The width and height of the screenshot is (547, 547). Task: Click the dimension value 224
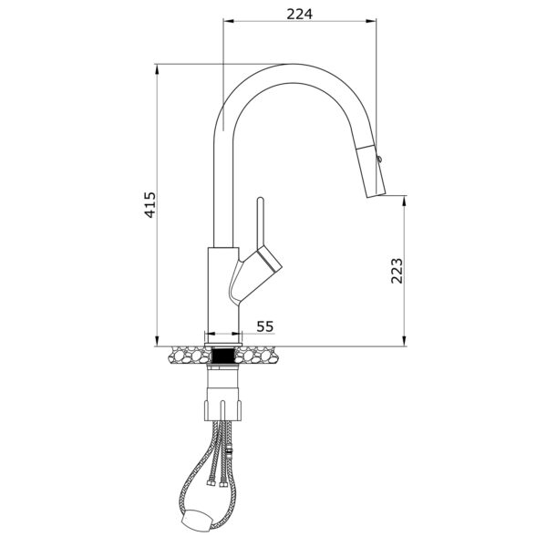(299, 14)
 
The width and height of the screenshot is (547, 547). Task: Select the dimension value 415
(150, 205)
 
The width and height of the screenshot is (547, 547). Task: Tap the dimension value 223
(397, 271)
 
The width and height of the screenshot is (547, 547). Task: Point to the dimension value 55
(265, 326)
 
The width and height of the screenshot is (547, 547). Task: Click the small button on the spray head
(379, 159)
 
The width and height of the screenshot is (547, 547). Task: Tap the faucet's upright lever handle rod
(261, 223)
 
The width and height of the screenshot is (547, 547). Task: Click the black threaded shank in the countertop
(223, 356)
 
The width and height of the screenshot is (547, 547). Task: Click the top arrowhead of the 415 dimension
(157, 69)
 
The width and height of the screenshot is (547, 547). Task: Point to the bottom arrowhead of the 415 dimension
(157, 341)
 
